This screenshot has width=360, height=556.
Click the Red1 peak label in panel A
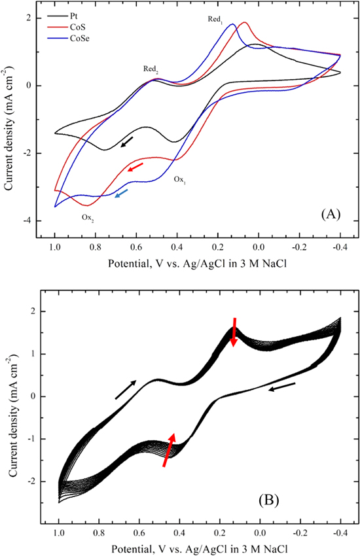pos(215,20)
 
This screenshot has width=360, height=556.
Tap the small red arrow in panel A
pos(135,167)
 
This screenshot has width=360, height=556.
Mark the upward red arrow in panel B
pos(169,450)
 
